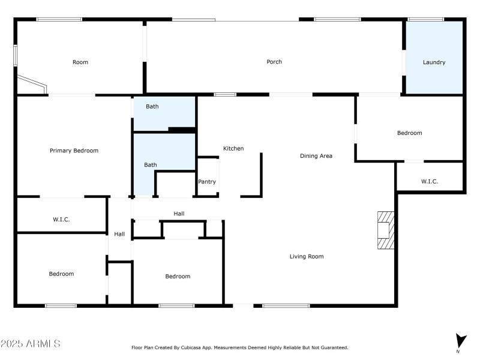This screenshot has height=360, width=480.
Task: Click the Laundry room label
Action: pyautogui.click(x=434, y=62)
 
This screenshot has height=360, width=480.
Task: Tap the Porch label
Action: pyautogui.click(x=274, y=62)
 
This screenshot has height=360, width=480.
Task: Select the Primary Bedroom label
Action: pyautogui.click(x=74, y=151)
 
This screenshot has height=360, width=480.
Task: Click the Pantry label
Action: pyautogui.click(x=207, y=182)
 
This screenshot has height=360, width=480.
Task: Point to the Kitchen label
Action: pyautogui.click(x=233, y=148)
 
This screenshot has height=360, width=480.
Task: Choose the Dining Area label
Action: pyautogui.click(x=316, y=156)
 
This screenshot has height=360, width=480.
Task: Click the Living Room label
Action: pyautogui.click(x=307, y=257)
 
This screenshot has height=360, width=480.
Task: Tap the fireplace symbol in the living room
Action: pyautogui.click(x=385, y=230)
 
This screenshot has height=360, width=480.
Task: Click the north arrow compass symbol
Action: pyautogui.click(x=460, y=341)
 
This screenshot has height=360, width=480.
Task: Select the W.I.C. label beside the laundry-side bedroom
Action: pyautogui.click(x=430, y=181)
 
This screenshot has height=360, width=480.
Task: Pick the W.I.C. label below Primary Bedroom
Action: pyautogui.click(x=61, y=220)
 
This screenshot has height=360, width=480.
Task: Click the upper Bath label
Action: pyautogui.click(x=152, y=107)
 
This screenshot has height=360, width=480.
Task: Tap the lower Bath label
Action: pyautogui.click(x=150, y=165)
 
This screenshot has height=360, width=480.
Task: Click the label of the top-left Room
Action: pyautogui.click(x=80, y=62)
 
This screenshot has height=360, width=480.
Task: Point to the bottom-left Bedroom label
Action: pyautogui.click(x=61, y=274)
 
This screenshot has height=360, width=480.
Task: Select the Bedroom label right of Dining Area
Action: pyautogui.click(x=410, y=133)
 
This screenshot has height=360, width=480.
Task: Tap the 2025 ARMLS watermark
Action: pyautogui.click(x=30, y=344)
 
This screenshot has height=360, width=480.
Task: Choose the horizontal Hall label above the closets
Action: pyautogui.click(x=179, y=214)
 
